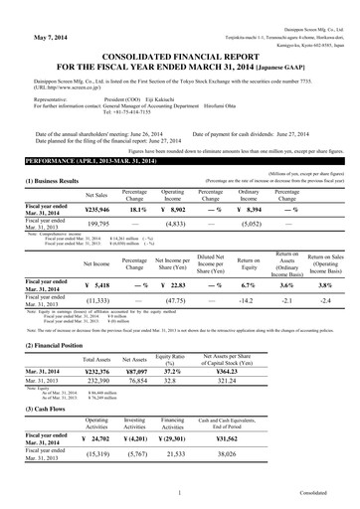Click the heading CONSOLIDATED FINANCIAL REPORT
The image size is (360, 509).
point(179,57)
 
